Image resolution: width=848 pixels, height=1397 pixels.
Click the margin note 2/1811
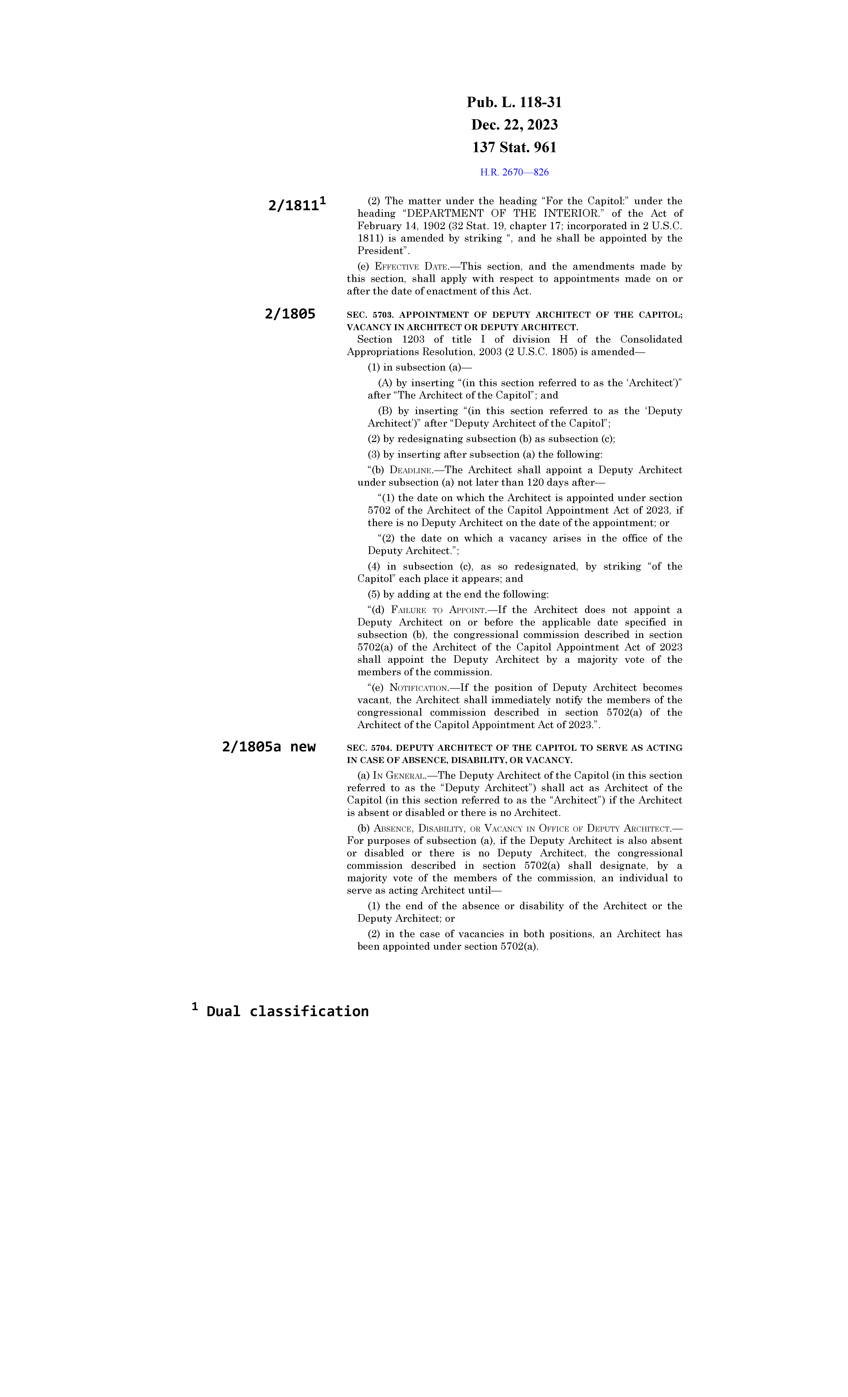pos(294,205)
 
